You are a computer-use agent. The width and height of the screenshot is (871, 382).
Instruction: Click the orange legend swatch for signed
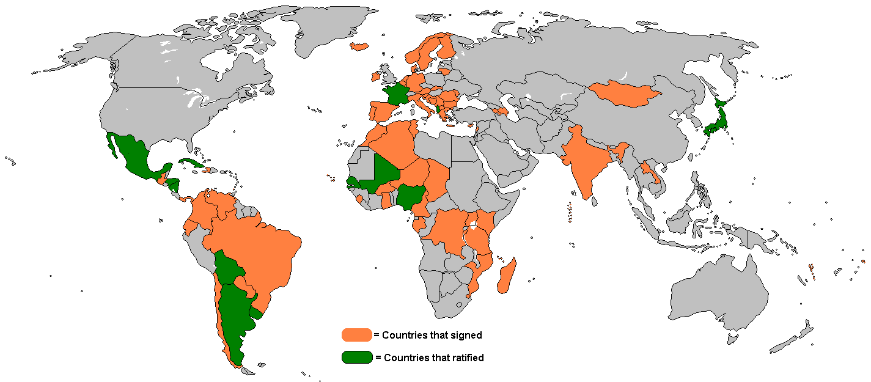click(x=356, y=334)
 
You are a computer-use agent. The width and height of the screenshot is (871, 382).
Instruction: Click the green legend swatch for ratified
click(x=357, y=357)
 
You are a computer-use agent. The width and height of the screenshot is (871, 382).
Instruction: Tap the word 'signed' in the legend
click(x=466, y=335)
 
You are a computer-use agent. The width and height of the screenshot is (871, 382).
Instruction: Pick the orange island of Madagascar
click(x=506, y=276)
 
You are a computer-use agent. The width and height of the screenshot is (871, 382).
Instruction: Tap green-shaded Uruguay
click(x=255, y=314)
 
